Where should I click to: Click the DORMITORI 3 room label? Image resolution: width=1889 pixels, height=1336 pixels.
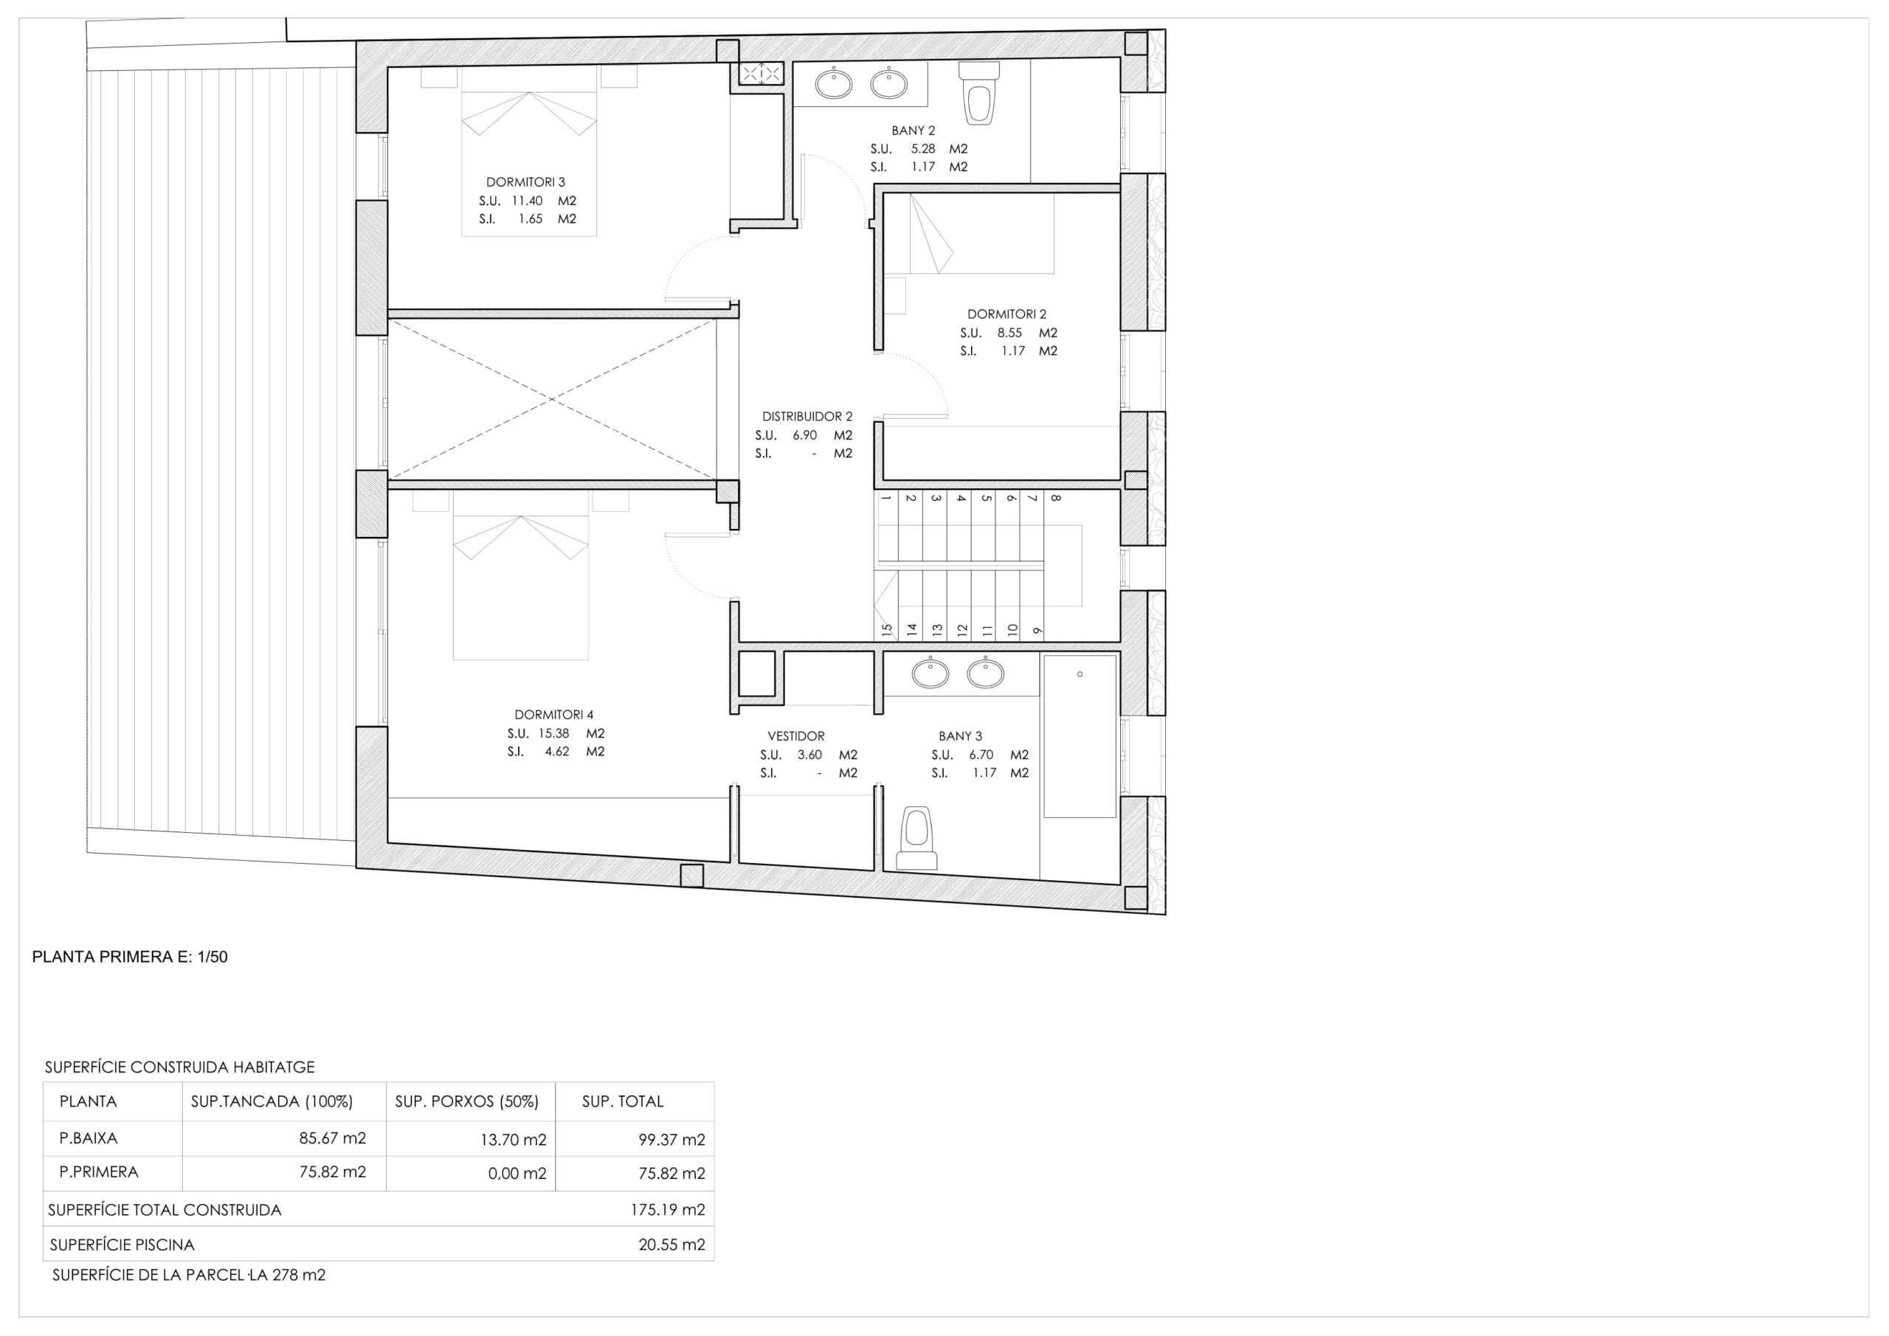click(525, 181)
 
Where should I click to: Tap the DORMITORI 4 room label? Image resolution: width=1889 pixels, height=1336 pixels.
click(553, 715)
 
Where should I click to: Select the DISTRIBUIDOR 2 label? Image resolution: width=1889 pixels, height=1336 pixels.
click(807, 416)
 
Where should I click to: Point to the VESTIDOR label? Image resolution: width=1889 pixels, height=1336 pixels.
click(795, 736)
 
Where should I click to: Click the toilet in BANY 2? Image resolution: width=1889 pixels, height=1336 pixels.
click(979, 93)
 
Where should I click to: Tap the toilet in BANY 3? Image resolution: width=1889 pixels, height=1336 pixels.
click(916, 838)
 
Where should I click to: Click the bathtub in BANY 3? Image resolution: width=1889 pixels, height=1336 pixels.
click(1080, 736)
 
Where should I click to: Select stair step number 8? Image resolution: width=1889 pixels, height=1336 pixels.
click(1056, 498)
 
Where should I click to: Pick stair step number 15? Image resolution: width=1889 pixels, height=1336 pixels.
click(887, 630)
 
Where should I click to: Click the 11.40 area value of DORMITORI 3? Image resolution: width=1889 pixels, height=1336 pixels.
click(527, 201)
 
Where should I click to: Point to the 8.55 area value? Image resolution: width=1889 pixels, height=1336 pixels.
click(1009, 333)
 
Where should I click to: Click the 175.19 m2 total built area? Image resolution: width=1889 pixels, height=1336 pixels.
click(667, 1209)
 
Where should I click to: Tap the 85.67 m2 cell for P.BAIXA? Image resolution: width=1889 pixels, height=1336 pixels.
click(332, 1138)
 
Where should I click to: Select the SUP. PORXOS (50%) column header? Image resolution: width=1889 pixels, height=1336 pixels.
click(466, 1101)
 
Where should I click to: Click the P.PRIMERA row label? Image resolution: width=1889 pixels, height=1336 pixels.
click(99, 1171)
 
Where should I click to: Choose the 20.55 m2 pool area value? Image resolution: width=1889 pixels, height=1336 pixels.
click(671, 1245)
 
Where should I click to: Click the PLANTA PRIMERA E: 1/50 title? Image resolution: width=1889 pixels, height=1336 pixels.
click(130, 957)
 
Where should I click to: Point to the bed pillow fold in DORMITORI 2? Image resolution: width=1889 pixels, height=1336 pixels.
click(931, 234)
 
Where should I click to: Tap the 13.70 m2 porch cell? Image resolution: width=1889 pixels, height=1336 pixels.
click(514, 1139)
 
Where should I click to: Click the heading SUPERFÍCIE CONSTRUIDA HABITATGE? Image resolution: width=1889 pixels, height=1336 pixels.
click(179, 1067)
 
